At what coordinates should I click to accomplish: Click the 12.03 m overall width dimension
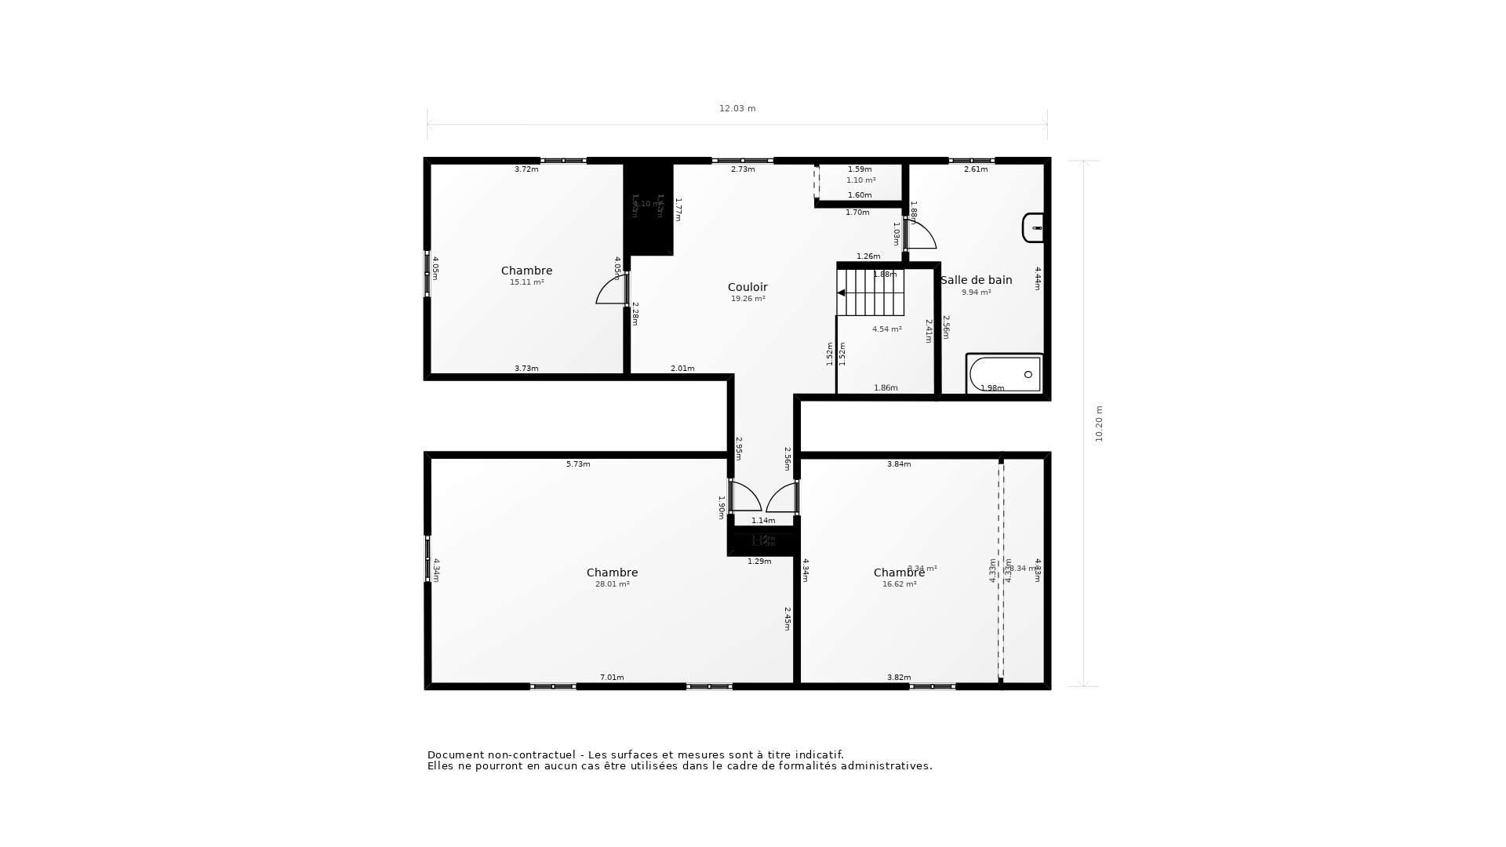point(737,109)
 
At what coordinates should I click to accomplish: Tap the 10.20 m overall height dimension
point(1099,423)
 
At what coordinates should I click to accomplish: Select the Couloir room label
point(748,287)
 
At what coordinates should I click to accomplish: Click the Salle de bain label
point(976,280)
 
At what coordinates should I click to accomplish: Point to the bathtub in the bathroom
point(1005,374)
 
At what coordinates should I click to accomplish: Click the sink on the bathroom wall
point(1033,227)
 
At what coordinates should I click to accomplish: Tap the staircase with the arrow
point(870,293)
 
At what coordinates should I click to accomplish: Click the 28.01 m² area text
point(612,584)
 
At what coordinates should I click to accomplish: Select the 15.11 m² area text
point(526,282)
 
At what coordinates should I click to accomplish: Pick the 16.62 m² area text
point(899,584)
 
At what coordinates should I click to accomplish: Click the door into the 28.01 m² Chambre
point(745,497)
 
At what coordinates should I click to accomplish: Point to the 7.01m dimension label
point(612,678)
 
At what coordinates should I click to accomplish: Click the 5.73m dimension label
point(578,464)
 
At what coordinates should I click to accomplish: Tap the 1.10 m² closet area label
point(860,180)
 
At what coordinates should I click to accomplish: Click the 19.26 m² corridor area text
point(748,299)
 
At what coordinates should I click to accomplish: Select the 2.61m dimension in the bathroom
point(975,169)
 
